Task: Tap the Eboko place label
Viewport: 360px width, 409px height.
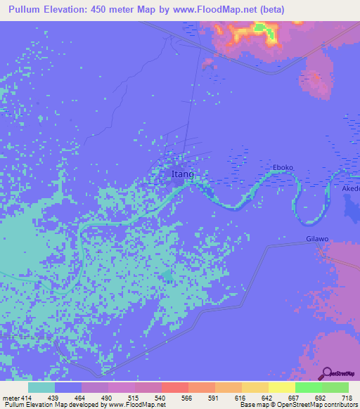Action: coord(283,168)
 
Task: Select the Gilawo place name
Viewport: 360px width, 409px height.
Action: coord(317,240)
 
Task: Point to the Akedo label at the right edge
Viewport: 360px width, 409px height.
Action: coord(350,189)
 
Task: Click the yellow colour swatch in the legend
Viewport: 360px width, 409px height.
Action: coord(281,387)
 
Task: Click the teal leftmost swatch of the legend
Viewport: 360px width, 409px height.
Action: coord(41,387)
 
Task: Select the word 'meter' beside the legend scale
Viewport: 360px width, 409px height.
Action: coord(12,397)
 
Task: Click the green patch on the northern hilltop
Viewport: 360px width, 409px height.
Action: coord(260,27)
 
